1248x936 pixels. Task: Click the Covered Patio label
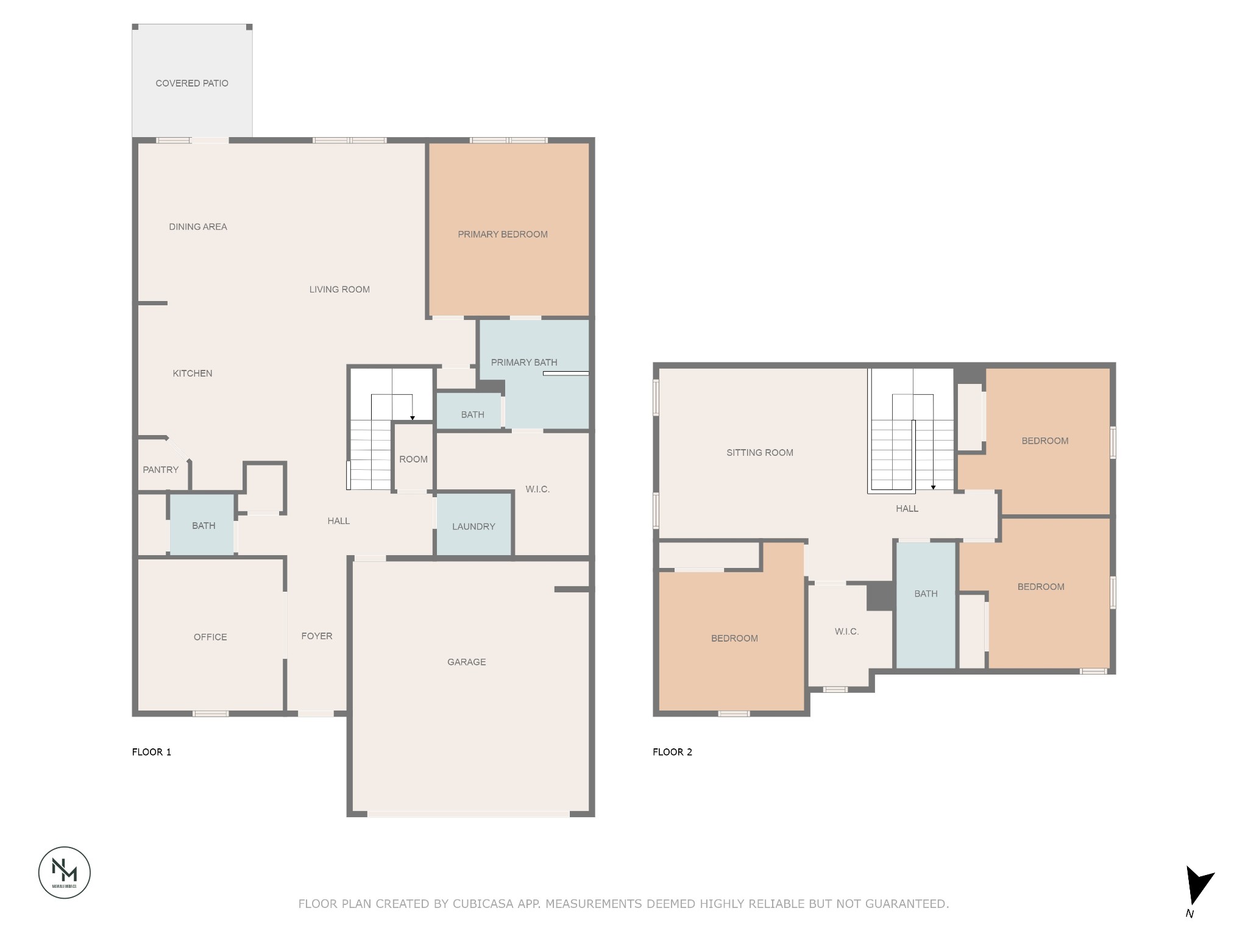pos(191,83)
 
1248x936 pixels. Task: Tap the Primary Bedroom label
pos(502,235)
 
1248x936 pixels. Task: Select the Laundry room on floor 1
pos(473,526)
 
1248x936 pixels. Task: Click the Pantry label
pos(160,470)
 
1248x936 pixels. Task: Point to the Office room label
pos(210,637)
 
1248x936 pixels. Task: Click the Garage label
pos(466,662)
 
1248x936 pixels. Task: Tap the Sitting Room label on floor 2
pos(759,453)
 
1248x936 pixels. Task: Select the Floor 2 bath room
pos(926,594)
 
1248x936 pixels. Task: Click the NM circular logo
pos(65,872)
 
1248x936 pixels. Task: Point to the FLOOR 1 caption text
pos(152,752)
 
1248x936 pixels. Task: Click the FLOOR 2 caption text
pos(672,752)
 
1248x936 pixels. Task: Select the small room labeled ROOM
pos(413,459)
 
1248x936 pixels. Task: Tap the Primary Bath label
pos(523,363)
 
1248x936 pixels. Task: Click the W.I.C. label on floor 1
pos(537,489)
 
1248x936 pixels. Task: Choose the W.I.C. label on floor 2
pos(846,632)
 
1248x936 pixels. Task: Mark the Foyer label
pos(317,636)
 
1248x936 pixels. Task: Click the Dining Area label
pos(197,227)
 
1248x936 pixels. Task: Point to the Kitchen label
pos(192,374)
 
